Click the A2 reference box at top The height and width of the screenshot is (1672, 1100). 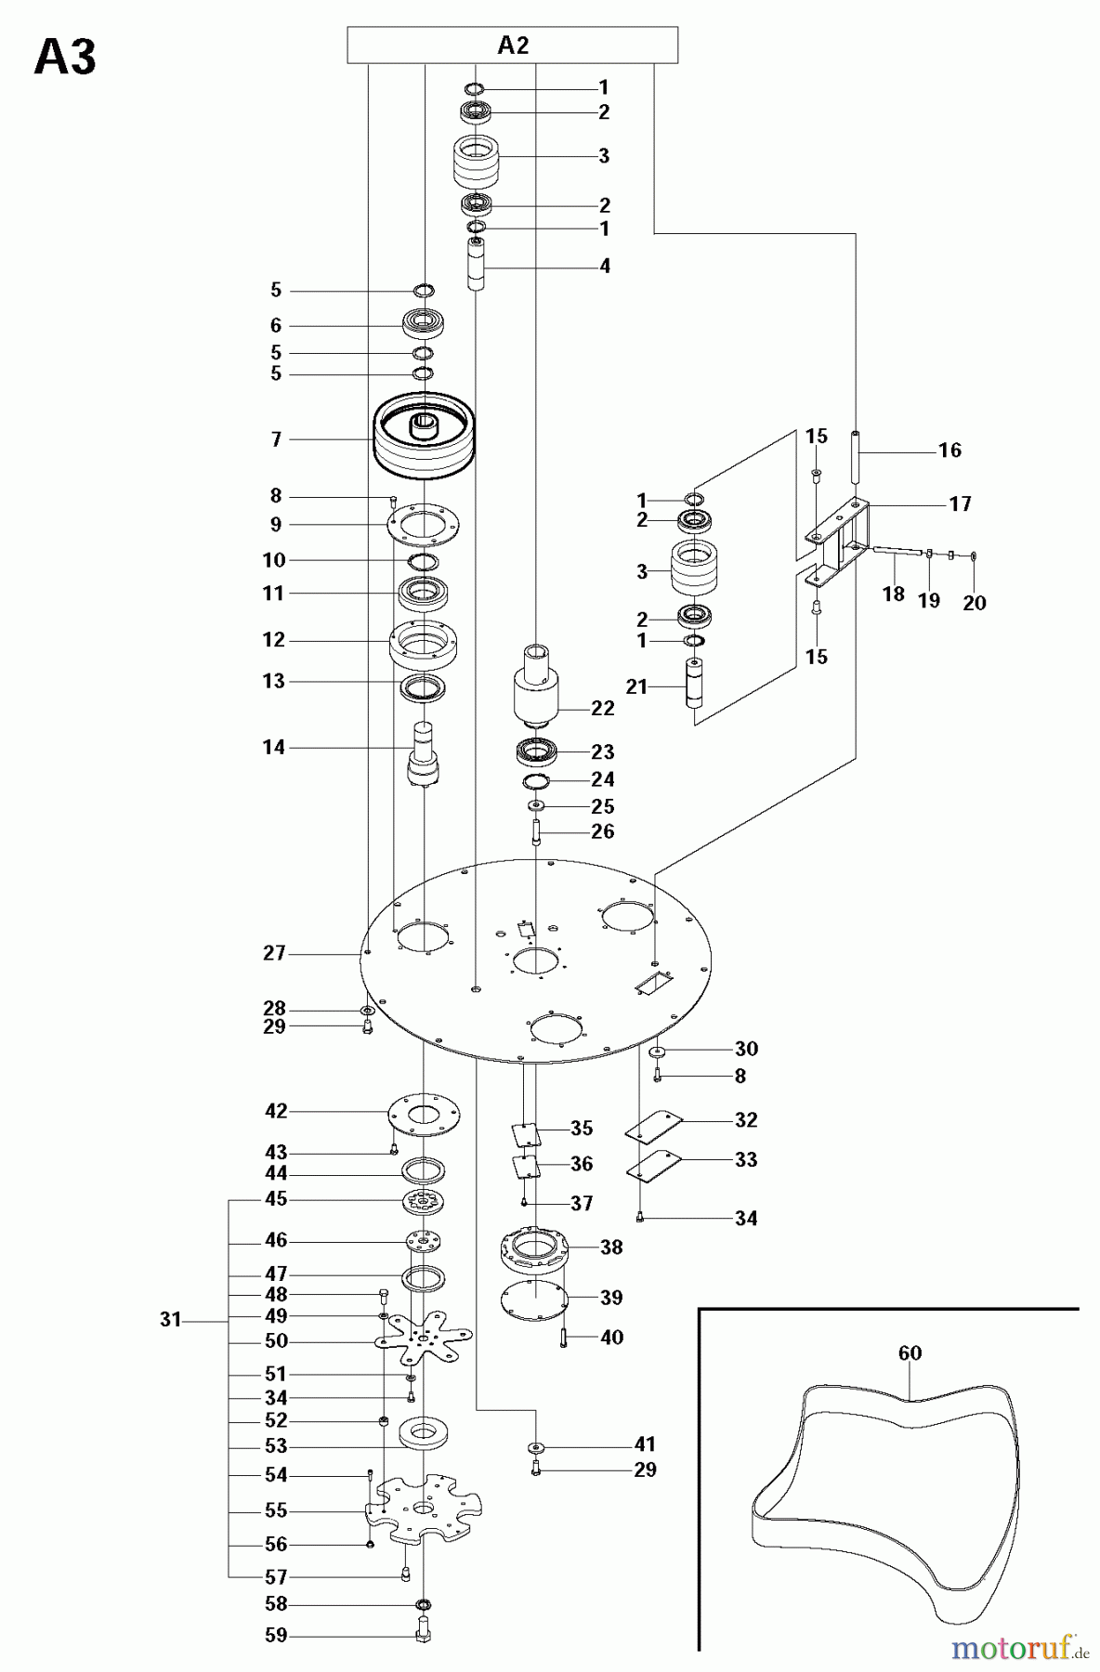512,46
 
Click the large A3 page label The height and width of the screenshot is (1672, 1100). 64,59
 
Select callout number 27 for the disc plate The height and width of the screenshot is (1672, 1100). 274,953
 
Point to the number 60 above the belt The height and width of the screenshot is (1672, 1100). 910,1353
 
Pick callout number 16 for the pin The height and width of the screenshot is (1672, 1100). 949,450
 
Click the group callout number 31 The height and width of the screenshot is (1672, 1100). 170,1319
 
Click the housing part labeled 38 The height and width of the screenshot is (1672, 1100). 534,1249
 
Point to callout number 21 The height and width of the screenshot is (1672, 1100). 635,687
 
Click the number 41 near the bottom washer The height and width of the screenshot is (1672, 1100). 644,1443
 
